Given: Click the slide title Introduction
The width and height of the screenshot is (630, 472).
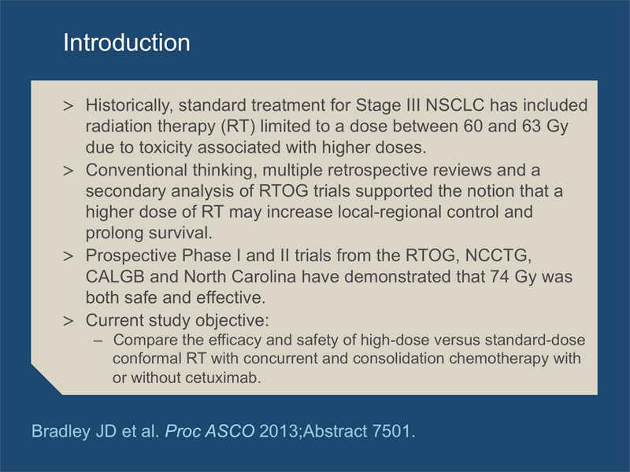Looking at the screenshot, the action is (127, 42).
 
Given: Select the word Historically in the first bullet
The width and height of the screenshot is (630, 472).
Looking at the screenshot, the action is (129, 106).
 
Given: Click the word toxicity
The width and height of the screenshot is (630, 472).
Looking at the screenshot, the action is (165, 148).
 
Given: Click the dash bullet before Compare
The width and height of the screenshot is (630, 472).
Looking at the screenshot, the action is (98, 341).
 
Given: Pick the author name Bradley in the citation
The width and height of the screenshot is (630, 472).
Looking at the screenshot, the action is (61, 431).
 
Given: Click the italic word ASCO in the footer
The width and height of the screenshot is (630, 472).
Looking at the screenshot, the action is (229, 431).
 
